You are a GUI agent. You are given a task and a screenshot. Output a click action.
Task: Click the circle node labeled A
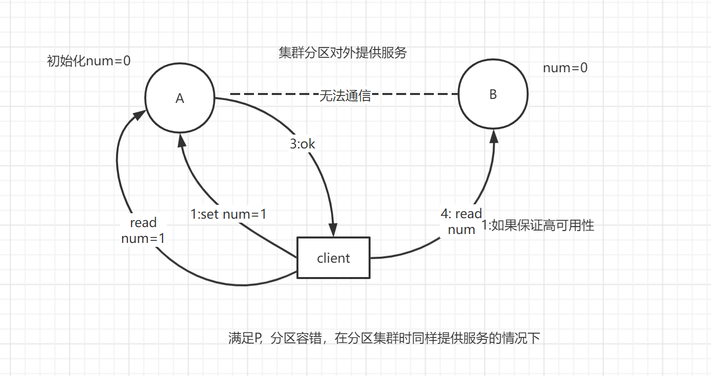(179, 98)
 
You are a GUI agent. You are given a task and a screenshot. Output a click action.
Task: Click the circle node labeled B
(493, 94)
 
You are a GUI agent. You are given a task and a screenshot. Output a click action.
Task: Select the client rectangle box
(333, 257)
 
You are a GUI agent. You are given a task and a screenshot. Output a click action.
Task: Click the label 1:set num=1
(229, 215)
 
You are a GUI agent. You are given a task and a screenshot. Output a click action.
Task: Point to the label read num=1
(143, 231)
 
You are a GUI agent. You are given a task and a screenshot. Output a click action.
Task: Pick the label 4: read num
(461, 221)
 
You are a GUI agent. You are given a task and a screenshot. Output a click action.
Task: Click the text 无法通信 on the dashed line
(345, 96)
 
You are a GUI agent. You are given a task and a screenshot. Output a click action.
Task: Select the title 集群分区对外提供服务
(342, 53)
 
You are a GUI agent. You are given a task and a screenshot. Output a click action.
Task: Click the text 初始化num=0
(88, 61)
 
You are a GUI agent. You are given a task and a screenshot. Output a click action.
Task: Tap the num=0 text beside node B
(565, 68)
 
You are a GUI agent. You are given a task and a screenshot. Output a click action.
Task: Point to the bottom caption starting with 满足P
(384, 338)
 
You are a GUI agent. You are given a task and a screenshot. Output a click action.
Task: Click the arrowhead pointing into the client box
(334, 230)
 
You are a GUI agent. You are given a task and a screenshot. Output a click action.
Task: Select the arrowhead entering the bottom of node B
(493, 137)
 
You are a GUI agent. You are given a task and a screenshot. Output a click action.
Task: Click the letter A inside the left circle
(179, 98)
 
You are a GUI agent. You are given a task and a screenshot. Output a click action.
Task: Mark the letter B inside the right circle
(493, 94)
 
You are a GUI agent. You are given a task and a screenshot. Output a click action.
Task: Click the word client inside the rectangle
(333, 258)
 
